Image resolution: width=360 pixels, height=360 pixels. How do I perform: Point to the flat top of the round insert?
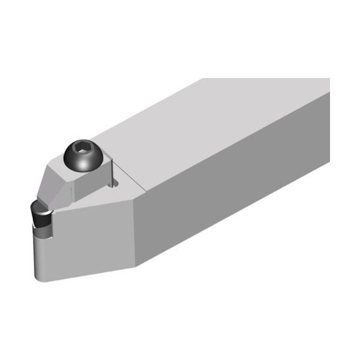[39, 208]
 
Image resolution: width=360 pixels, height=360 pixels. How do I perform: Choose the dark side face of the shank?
[240, 204]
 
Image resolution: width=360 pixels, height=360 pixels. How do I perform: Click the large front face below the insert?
[90, 240]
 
